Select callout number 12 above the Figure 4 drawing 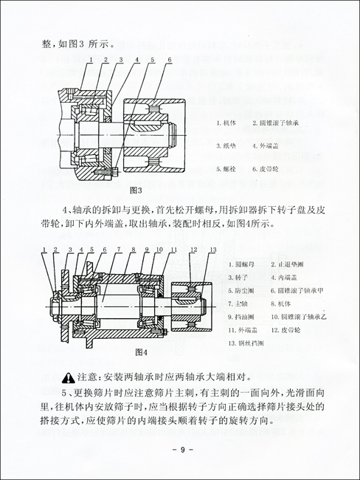tap(191, 251)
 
